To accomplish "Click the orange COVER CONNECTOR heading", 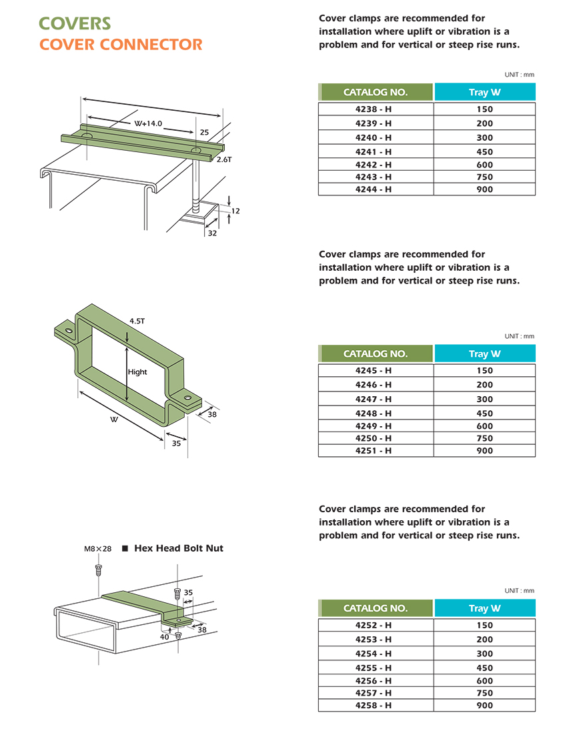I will [x=121, y=45].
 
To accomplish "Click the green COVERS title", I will [x=75, y=23].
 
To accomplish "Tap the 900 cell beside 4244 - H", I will [x=485, y=189].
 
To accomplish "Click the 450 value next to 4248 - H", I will [x=485, y=414].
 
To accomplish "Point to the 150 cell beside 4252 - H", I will [x=485, y=626].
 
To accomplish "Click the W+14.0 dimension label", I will [x=148, y=124].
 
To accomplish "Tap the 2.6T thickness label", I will [x=223, y=159].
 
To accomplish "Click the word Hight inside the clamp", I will [x=137, y=372].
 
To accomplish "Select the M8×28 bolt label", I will [x=97, y=549].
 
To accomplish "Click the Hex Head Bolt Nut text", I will [x=179, y=548].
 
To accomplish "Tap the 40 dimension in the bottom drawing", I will [x=164, y=637].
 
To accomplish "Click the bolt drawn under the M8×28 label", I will [x=98, y=569].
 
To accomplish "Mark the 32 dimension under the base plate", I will [x=212, y=233].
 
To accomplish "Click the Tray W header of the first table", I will [x=485, y=92].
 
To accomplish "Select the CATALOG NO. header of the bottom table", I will [x=376, y=608].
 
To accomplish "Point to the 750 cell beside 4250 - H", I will [x=485, y=438].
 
